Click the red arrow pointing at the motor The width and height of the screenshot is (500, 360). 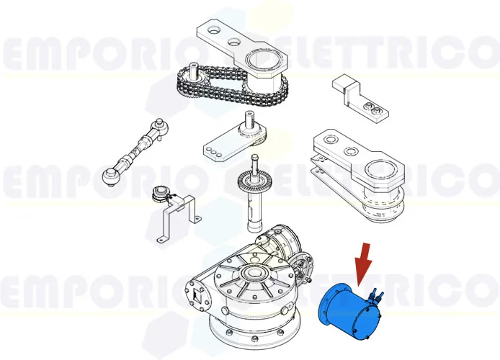pyautogui.click(x=362, y=264)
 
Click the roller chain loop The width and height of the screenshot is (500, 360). pyautogui.click(x=216, y=92)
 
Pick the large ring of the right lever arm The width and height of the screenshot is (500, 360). pyautogui.click(x=380, y=172)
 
